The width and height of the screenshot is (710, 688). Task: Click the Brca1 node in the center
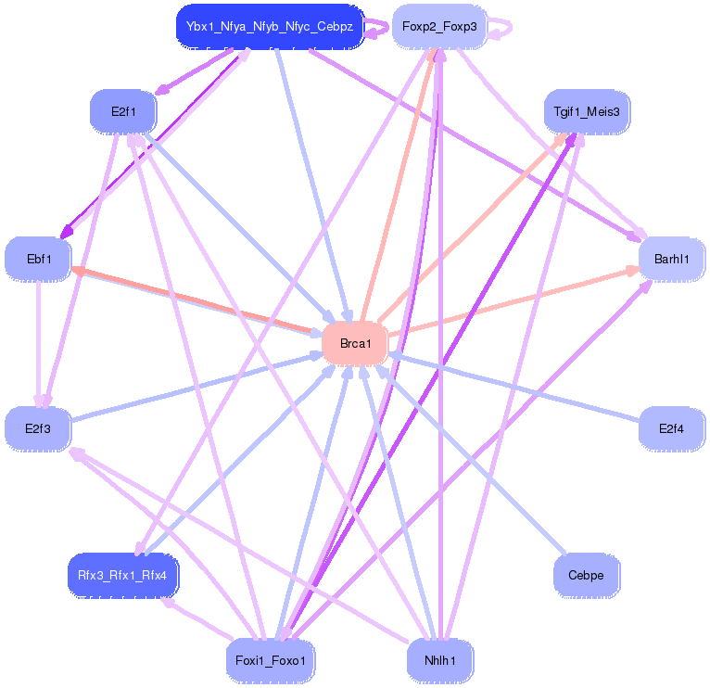[355, 343]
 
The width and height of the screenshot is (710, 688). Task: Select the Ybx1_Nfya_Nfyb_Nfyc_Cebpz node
[270, 26]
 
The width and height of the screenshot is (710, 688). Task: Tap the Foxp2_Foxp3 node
[439, 26]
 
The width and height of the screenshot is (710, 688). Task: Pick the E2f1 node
[123, 111]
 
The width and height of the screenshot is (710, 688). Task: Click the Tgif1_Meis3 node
[587, 111]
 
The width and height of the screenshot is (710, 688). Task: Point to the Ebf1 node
[39, 259]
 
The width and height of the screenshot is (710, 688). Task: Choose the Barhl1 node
[671, 259]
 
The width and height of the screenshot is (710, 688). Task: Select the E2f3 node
[38, 428]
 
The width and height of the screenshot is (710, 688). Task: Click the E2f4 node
[671, 428]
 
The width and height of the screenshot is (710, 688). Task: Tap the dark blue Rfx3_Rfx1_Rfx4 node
[122, 575]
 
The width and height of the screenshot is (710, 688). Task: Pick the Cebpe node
[587, 575]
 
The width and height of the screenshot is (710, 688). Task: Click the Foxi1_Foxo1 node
[271, 660]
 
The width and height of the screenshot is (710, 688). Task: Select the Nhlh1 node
[439, 660]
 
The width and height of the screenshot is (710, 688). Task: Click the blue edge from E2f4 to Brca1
[513, 387]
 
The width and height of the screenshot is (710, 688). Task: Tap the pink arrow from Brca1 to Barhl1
[513, 302]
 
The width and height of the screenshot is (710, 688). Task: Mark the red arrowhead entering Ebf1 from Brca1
[78, 271]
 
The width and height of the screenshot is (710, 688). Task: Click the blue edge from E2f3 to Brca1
[197, 388]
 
